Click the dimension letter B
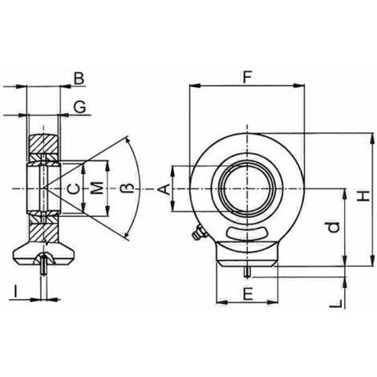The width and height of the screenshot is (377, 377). tap(79, 79)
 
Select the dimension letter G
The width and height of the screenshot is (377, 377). tap(79, 107)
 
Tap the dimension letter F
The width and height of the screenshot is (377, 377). tap(247, 77)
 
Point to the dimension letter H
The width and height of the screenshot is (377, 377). tap(364, 196)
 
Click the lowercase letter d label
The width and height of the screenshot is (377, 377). tap(334, 227)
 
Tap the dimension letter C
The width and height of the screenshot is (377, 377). tap(73, 189)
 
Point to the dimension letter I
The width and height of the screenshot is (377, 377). tap(16, 291)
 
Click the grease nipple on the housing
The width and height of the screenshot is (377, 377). tap(199, 233)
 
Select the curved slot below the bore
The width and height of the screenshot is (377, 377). tap(246, 233)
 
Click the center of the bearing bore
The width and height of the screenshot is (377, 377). tap(248, 189)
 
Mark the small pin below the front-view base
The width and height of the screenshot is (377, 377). tap(248, 272)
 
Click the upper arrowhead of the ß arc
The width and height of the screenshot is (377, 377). tap(128, 140)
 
